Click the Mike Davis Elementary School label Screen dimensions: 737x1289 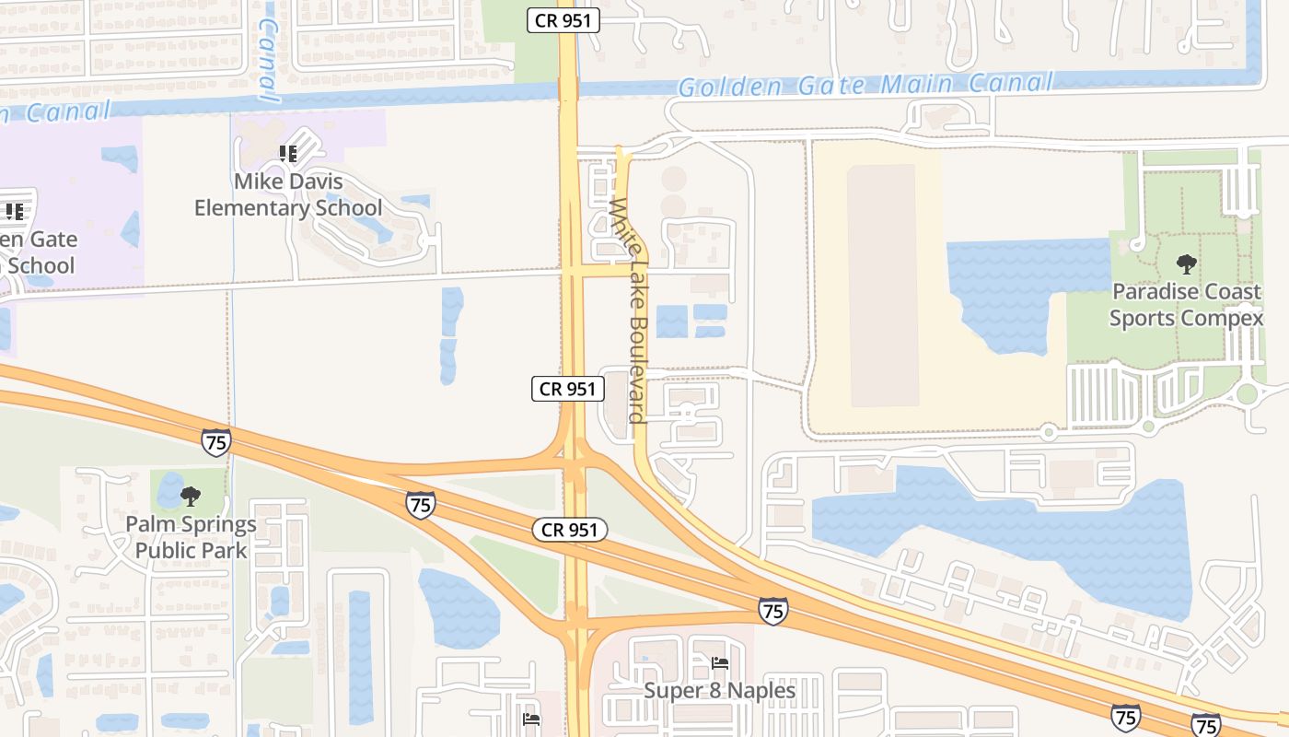click(x=287, y=194)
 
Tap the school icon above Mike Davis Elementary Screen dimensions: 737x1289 click(x=288, y=153)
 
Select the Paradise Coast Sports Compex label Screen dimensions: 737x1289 click(x=1186, y=305)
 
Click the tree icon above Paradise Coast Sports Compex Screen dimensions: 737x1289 click(x=1187, y=265)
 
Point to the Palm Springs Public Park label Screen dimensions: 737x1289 click(x=192, y=537)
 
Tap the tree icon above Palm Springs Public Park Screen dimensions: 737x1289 click(x=191, y=497)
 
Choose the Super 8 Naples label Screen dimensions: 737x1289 click(x=719, y=690)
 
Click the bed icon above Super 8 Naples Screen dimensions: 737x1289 click(x=720, y=662)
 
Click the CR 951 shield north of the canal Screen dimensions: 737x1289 click(x=563, y=20)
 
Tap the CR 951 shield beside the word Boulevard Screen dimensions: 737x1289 click(x=568, y=389)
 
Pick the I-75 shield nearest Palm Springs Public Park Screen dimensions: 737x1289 click(x=215, y=441)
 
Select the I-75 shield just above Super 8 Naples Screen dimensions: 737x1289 click(x=772, y=610)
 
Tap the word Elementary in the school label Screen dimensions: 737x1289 click(x=252, y=208)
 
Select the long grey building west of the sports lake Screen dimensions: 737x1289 click(x=882, y=286)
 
